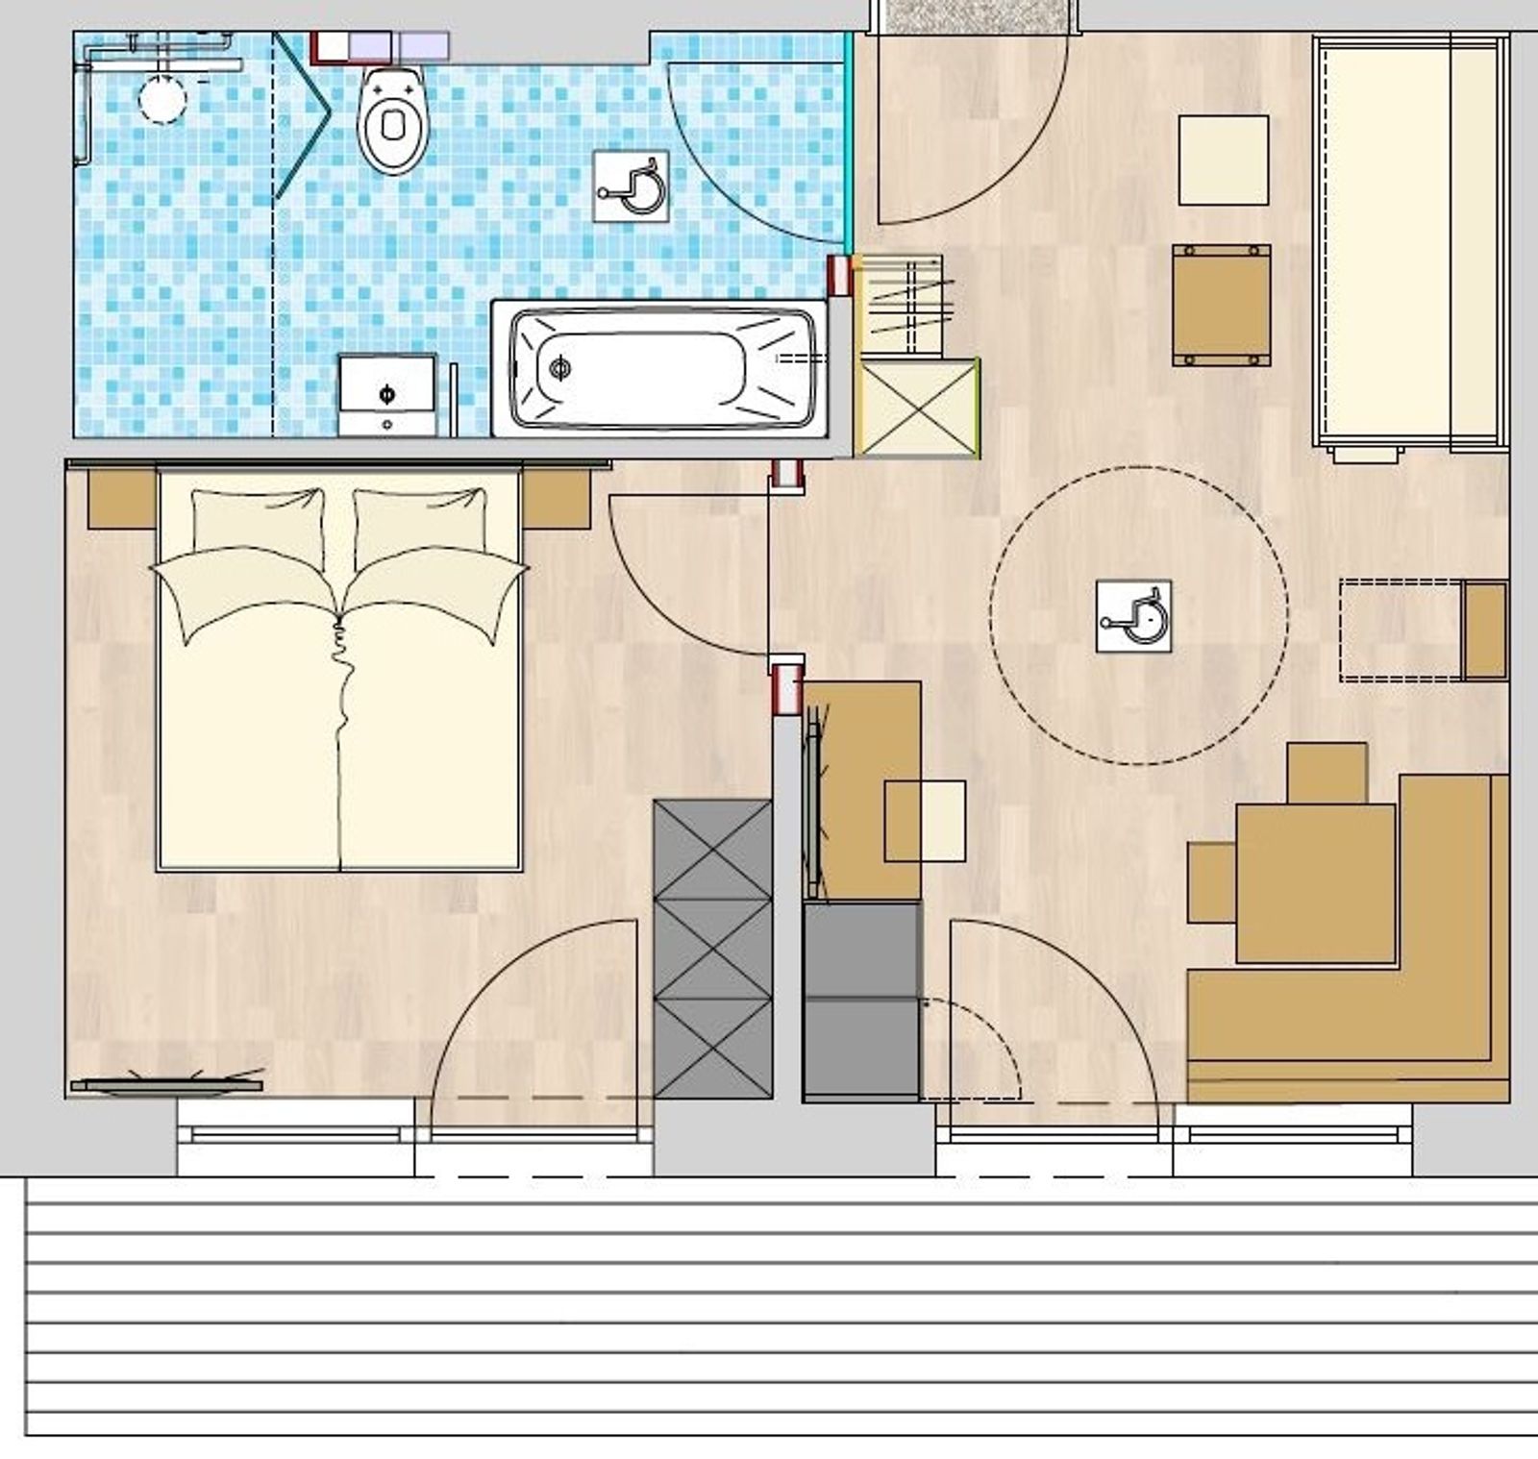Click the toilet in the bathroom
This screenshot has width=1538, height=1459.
click(392, 121)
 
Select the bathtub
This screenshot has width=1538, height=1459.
click(661, 368)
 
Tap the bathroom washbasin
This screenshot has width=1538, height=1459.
click(386, 395)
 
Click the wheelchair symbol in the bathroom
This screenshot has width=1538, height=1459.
click(631, 186)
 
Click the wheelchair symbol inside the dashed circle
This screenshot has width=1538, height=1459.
click(1133, 616)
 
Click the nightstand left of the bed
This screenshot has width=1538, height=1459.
click(121, 498)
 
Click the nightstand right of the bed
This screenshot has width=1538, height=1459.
click(556, 498)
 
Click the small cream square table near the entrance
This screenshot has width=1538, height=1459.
click(1223, 160)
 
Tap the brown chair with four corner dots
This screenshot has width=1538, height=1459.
click(1221, 305)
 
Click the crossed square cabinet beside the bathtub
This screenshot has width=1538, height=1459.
click(917, 407)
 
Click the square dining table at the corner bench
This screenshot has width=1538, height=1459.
click(1315, 883)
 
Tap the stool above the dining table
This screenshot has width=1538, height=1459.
click(1327, 773)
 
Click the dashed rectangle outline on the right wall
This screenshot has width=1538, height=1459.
click(1399, 630)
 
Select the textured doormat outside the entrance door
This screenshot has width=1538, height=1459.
click(969, 15)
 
